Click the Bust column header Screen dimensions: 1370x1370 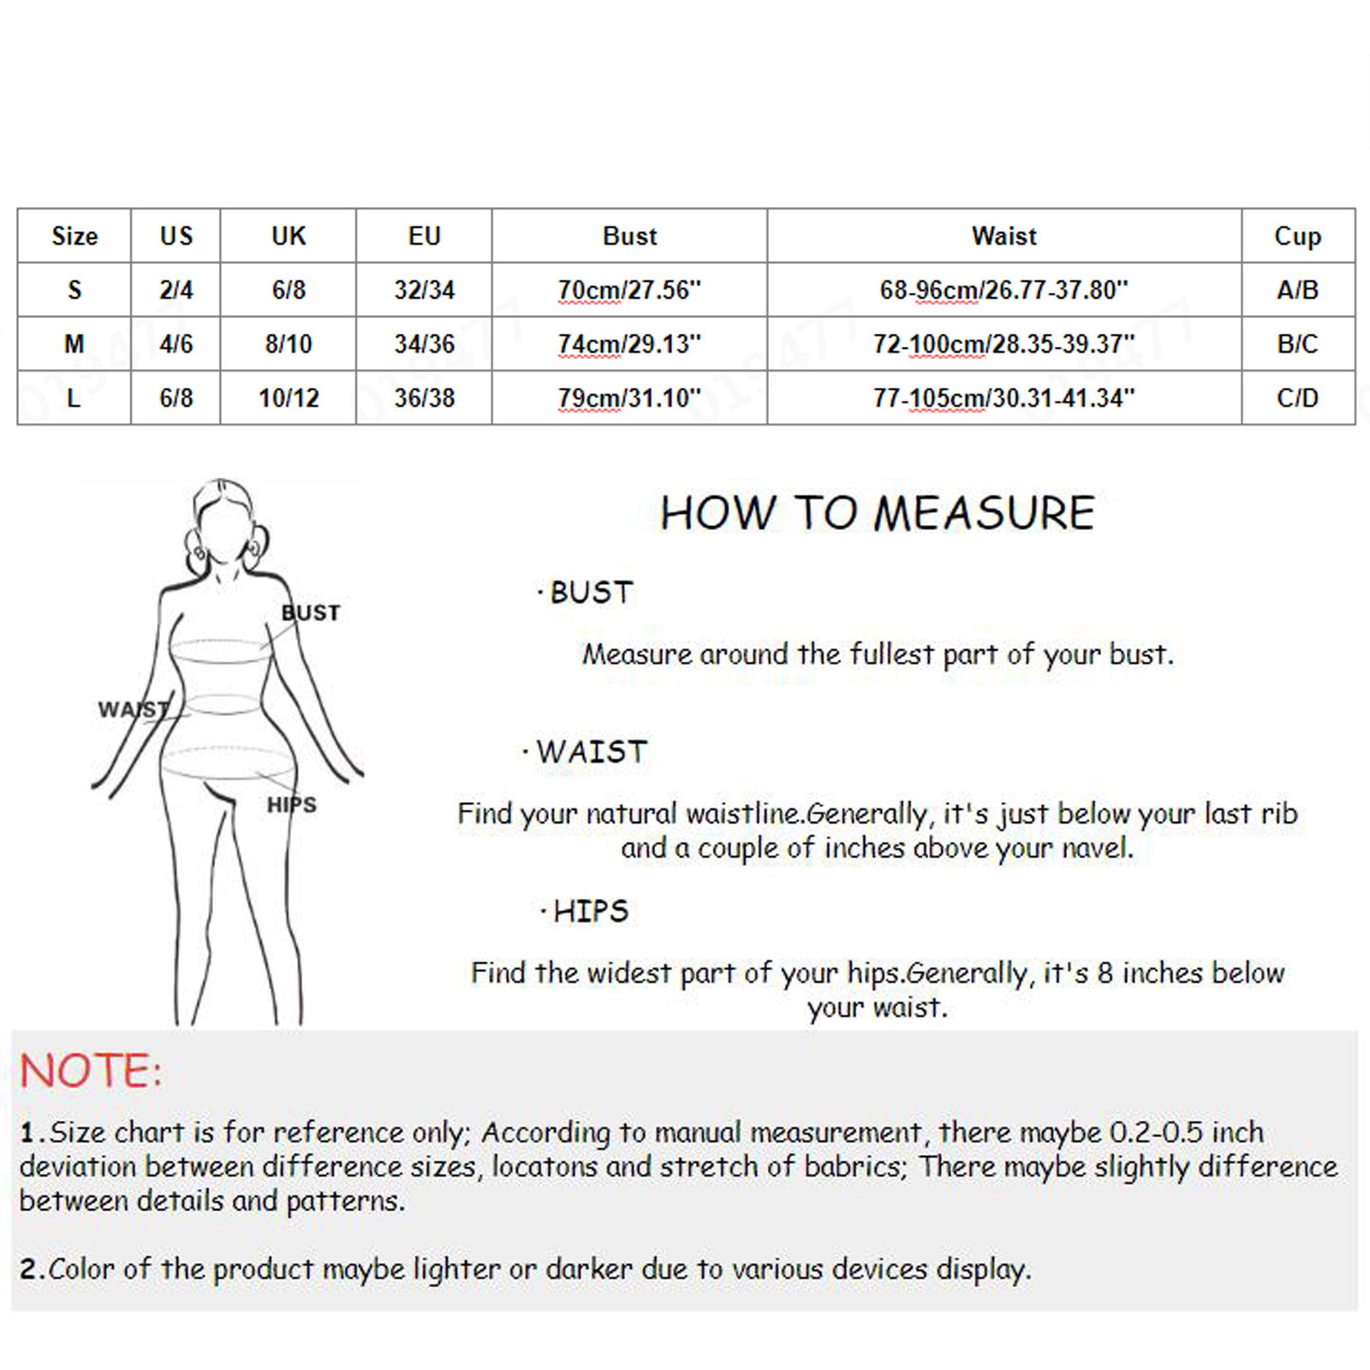pyautogui.click(x=629, y=236)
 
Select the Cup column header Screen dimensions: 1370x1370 pyautogui.click(x=1297, y=237)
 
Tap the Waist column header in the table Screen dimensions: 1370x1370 pyautogui.click(x=1004, y=236)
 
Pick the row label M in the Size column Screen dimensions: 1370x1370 pyautogui.click(x=74, y=344)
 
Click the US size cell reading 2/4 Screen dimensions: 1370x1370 pyautogui.click(x=176, y=290)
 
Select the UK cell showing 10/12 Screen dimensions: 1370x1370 pyautogui.click(x=289, y=398)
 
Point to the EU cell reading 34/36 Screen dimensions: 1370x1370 pyautogui.click(x=424, y=344)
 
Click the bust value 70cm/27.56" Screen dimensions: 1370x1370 pyautogui.click(x=629, y=290)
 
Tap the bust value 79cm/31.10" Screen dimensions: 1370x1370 pyautogui.click(x=629, y=398)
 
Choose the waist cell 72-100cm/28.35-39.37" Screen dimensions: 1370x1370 pyautogui.click(x=1004, y=344)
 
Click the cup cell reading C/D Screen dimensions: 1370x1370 pyautogui.click(x=1297, y=398)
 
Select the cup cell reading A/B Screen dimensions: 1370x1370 pyautogui.click(x=1297, y=290)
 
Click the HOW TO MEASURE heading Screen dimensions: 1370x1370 pyautogui.click(x=878, y=514)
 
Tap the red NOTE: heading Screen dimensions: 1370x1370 pyautogui.click(x=91, y=1071)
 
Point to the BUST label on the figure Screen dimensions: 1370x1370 pyautogui.click(x=311, y=613)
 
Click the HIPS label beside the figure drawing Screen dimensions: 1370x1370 pyautogui.click(x=292, y=805)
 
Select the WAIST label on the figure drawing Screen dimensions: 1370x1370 pyautogui.click(x=133, y=710)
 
